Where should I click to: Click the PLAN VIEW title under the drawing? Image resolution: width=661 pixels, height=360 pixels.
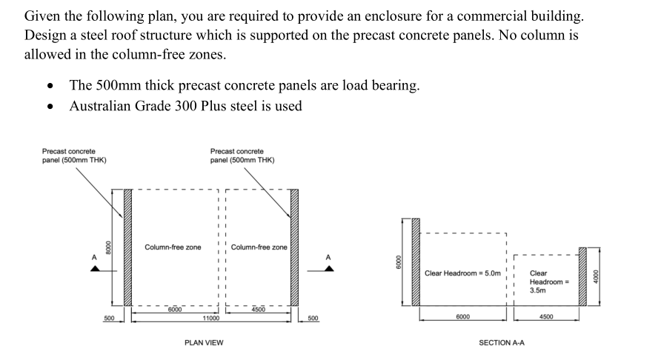tap(203, 342)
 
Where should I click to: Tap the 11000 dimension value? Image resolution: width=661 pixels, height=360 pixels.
tap(210, 318)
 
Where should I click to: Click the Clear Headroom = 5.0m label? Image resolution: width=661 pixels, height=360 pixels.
tap(463, 273)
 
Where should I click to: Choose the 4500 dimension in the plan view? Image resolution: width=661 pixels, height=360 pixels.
tap(259, 309)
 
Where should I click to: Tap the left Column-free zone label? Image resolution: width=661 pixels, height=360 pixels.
tap(173, 247)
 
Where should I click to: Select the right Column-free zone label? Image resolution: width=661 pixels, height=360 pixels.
tap(259, 247)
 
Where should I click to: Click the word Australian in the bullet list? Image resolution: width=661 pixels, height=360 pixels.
tap(102, 106)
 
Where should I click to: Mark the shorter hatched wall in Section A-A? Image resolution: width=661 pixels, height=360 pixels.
tap(582, 275)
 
